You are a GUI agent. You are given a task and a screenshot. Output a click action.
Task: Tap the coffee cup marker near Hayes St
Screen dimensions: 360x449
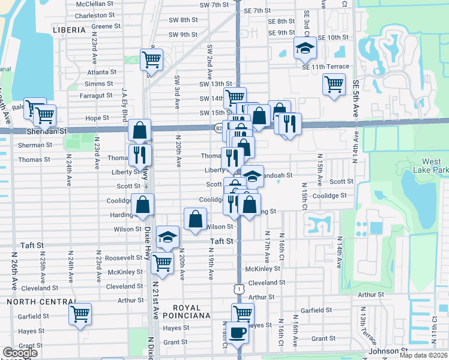point(237,332)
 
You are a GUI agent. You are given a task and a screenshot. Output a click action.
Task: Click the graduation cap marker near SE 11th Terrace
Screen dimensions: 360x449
point(305,48)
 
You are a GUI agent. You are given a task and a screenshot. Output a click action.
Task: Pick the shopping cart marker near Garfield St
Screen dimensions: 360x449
point(80,314)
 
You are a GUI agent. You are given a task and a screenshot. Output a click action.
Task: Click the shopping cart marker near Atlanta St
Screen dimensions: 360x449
point(151,59)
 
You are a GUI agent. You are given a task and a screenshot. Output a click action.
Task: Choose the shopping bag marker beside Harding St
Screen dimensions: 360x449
point(143,205)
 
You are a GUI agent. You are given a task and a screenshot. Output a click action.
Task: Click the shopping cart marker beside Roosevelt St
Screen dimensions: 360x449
point(162,262)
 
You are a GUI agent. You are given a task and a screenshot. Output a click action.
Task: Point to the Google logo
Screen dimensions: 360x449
point(20,353)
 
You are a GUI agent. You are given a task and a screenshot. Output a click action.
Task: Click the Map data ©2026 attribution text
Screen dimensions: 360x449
point(424,355)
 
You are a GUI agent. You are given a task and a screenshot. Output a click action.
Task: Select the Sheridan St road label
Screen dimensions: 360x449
point(46,130)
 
